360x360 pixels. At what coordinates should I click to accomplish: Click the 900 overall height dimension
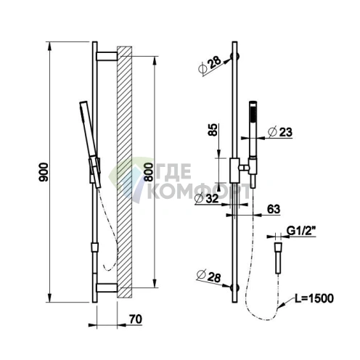(44, 172)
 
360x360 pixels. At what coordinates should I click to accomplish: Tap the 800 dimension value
(148, 172)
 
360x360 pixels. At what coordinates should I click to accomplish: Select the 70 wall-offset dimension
(136, 319)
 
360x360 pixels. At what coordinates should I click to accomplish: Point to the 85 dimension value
(213, 130)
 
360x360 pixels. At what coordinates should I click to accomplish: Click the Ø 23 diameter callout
(280, 132)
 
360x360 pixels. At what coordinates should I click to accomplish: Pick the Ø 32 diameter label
(207, 199)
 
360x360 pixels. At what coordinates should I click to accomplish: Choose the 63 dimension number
(274, 209)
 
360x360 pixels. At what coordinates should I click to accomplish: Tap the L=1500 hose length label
(314, 298)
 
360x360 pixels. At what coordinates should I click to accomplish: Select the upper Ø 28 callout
(210, 65)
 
